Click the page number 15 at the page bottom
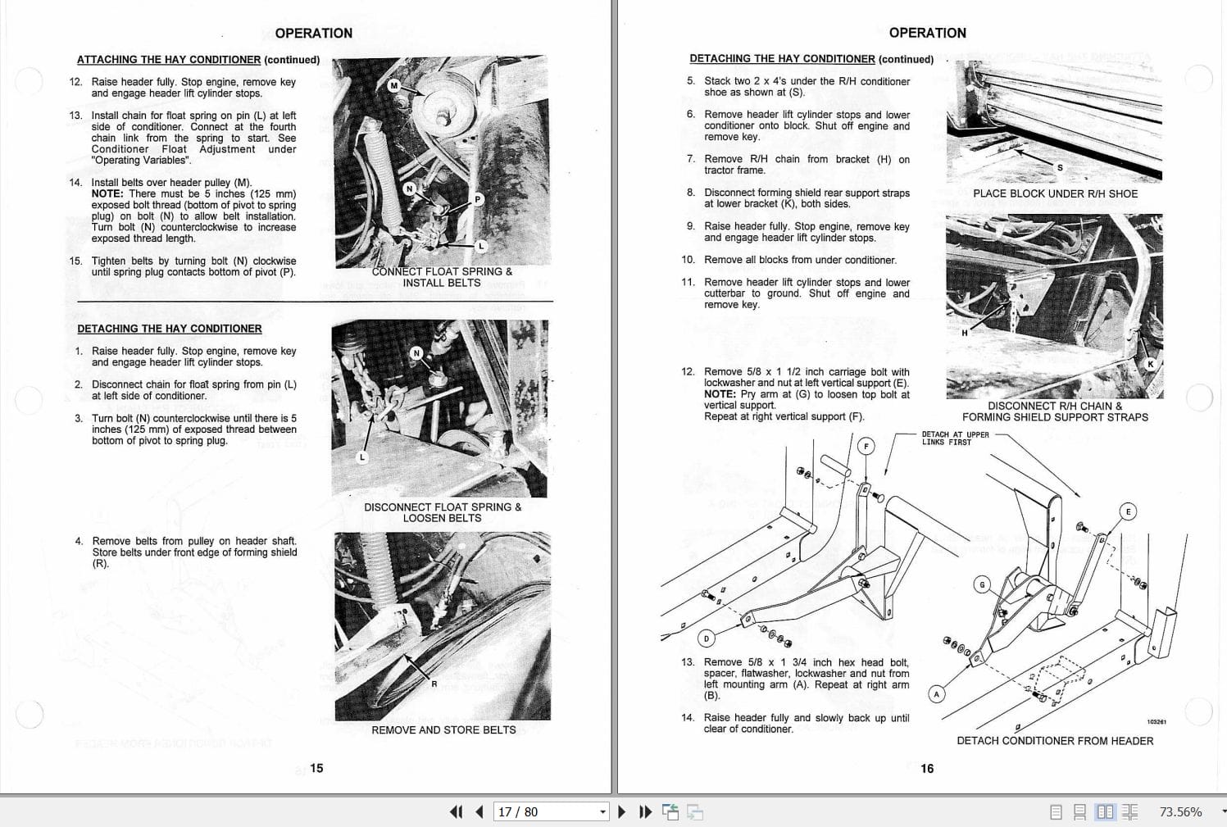click(316, 768)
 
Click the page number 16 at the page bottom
click(927, 768)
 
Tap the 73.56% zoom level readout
click(1180, 811)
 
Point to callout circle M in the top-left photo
click(393, 85)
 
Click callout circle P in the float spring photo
click(478, 199)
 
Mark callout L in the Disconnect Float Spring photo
click(361, 457)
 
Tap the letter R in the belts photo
click(434, 684)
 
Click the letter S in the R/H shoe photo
click(1060, 167)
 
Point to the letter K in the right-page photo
click(1151, 364)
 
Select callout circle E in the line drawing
click(1128, 511)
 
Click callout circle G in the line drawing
click(982, 584)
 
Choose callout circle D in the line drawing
click(707, 638)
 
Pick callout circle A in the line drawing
click(937, 694)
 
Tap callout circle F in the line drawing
click(866, 446)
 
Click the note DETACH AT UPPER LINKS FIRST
click(955, 438)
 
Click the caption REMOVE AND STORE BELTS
click(443, 729)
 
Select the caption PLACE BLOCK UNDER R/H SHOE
click(1055, 193)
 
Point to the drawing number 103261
click(1156, 722)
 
